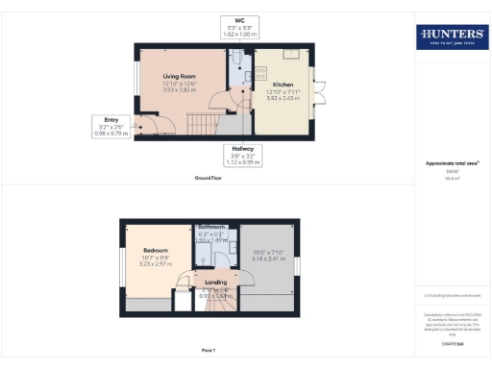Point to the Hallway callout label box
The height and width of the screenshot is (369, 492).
[x=237, y=156]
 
